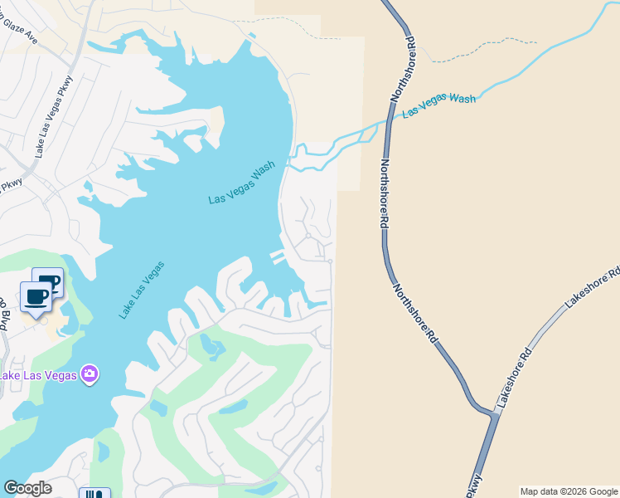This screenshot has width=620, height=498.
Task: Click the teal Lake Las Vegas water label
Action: pos(142,290)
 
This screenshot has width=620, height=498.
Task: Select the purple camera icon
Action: pos(90,374)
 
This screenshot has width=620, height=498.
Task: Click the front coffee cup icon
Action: pos(36,297)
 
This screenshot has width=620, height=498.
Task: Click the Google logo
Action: pos(27,488)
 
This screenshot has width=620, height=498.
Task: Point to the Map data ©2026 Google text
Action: pos(569,491)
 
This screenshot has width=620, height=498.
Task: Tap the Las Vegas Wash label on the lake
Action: pos(241,183)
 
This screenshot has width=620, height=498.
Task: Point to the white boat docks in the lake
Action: pos(278,256)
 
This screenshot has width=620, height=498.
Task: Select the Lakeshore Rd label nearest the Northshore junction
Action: pos(513,378)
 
